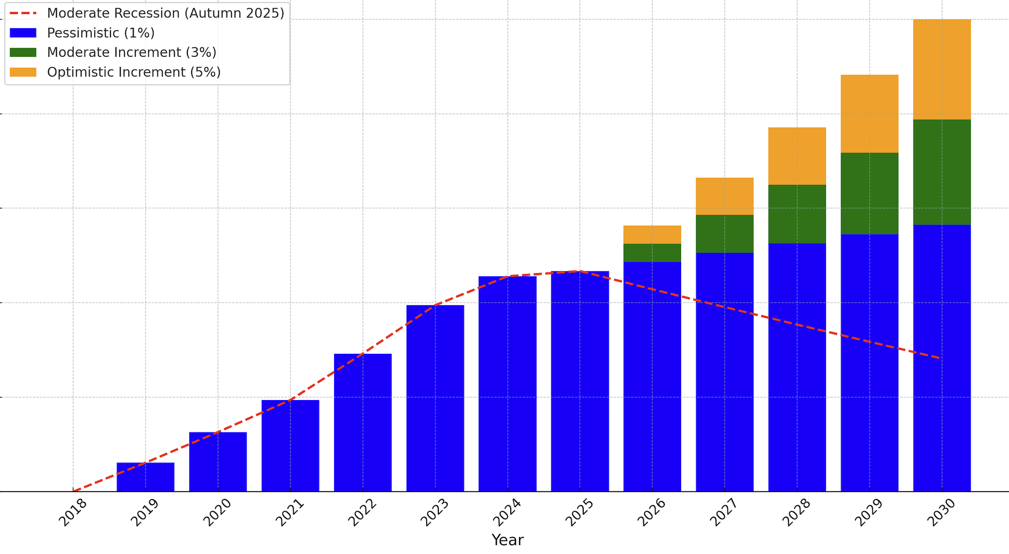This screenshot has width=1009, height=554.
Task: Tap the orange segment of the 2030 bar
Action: pyautogui.click(x=942, y=69)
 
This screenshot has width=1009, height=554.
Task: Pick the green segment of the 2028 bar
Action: pyautogui.click(x=797, y=214)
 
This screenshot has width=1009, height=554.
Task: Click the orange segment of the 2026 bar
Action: pyautogui.click(x=652, y=235)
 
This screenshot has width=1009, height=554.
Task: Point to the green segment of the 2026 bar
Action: pyautogui.click(x=652, y=253)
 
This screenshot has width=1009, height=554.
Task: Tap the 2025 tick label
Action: pyautogui.click(x=580, y=512)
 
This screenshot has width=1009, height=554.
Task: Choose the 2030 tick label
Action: pyautogui.click(x=942, y=512)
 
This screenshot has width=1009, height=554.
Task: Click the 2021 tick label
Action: pyautogui.click(x=290, y=512)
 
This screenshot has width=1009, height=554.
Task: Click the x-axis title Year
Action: pyautogui.click(x=507, y=540)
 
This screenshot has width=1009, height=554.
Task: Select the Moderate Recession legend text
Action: pyautogui.click(x=166, y=13)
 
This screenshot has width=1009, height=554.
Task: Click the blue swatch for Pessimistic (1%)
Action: pyautogui.click(x=23, y=33)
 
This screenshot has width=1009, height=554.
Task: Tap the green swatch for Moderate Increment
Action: pyautogui.click(x=23, y=53)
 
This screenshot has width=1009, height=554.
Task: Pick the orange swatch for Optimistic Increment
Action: pyautogui.click(x=23, y=72)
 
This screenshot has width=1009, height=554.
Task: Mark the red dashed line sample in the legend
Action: pyautogui.click(x=23, y=13)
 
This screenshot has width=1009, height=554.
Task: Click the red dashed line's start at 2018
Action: pyautogui.click(x=73, y=491)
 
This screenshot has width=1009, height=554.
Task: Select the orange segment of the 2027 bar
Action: pyautogui.click(x=725, y=196)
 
